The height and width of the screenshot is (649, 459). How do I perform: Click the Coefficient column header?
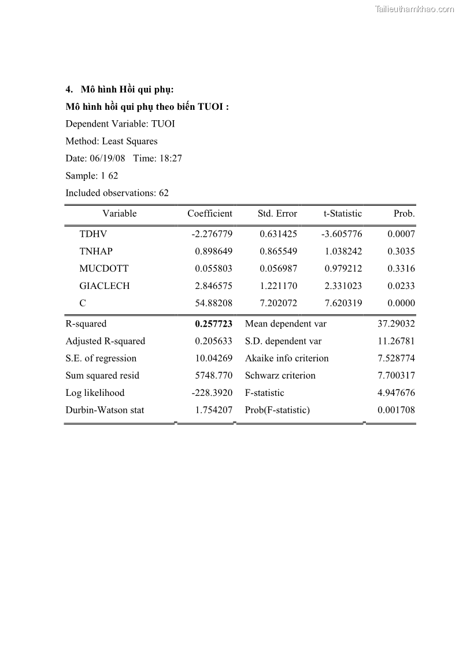[209, 214]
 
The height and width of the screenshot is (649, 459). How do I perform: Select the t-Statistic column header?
[342, 214]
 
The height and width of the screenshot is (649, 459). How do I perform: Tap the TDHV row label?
[93, 234]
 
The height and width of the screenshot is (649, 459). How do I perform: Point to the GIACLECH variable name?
[104, 286]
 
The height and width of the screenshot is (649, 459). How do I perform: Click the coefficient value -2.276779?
[212, 234]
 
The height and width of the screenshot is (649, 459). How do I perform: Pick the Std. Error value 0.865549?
[278, 251]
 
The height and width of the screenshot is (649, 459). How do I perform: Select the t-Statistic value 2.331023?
[343, 286]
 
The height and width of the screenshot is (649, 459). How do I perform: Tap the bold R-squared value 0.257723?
[213, 324]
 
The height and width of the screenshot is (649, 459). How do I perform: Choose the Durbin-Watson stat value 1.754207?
[213, 410]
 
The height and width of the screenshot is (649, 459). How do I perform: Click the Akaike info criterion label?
[286, 358]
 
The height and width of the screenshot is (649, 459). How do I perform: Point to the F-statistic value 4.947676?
[396, 393]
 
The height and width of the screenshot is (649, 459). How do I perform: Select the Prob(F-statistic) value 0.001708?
[396, 410]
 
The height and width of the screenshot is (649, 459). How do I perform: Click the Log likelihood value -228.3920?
[212, 393]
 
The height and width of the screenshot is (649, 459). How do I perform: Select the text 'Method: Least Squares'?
[111, 141]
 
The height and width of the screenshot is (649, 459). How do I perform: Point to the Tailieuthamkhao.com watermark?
[414, 9]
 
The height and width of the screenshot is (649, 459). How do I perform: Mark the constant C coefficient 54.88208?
[213, 303]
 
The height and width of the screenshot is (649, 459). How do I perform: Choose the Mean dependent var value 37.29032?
[396, 324]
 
